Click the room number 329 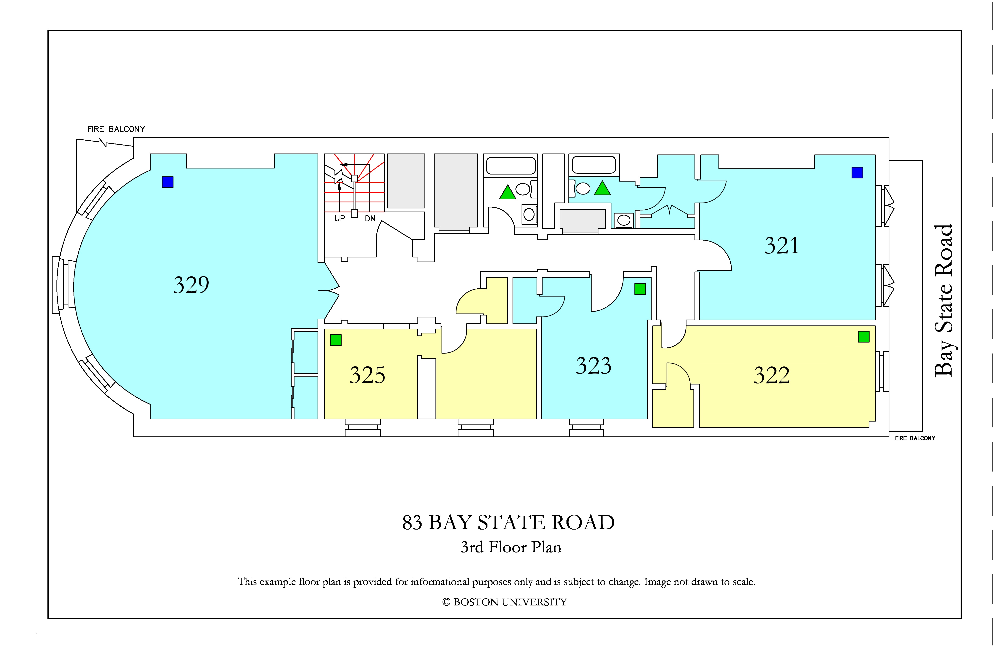[x=191, y=285]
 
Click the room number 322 [x=771, y=375]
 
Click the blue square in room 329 [x=168, y=182]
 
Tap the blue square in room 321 [x=857, y=173]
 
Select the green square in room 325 [x=336, y=340]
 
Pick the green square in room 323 [x=640, y=289]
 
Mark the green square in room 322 [x=864, y=336]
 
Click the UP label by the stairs [x=339, y=218]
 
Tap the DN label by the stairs [x=370, y=218]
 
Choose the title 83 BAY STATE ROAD [x=508, y=523]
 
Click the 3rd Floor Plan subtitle [x=511, y=547]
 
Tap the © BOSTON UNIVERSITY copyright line [x=504, y=602]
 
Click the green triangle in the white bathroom [x=508, y=192]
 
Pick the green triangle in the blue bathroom [x=602, y=188]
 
